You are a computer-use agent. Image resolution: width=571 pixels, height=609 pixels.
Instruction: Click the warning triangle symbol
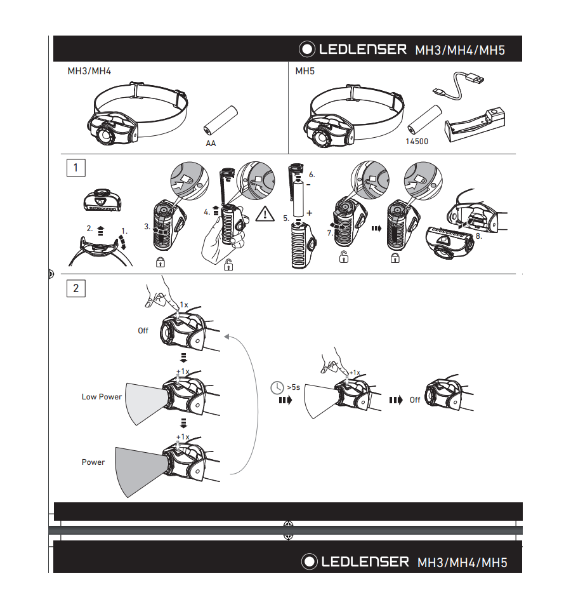265,215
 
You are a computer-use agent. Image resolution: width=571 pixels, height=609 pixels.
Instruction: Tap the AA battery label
211,144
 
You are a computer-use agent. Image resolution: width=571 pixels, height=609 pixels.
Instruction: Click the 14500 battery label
417,142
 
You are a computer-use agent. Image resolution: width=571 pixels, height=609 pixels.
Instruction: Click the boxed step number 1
75,168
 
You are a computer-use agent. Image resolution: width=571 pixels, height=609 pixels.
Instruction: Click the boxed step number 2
75,288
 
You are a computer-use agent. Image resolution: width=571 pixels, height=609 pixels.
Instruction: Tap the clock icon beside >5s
277,387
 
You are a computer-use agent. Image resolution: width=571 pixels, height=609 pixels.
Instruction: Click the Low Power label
102,396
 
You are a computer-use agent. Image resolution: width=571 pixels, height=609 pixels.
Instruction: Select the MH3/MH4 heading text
89,71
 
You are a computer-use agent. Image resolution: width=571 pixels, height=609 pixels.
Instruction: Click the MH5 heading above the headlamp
305,71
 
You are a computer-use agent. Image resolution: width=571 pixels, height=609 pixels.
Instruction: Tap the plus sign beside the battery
309,213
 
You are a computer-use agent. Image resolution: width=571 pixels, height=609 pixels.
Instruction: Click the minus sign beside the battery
308,185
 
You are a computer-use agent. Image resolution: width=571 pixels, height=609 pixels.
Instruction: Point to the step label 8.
478,236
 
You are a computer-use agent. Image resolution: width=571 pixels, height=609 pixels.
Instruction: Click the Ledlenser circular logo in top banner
307,49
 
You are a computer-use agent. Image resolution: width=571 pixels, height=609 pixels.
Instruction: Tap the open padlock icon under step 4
228,265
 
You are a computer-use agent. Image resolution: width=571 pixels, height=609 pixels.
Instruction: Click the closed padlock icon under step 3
161,262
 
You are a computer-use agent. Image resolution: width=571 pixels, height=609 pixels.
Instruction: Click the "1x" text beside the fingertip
184,305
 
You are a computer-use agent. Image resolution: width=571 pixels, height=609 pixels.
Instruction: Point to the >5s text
294,387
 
